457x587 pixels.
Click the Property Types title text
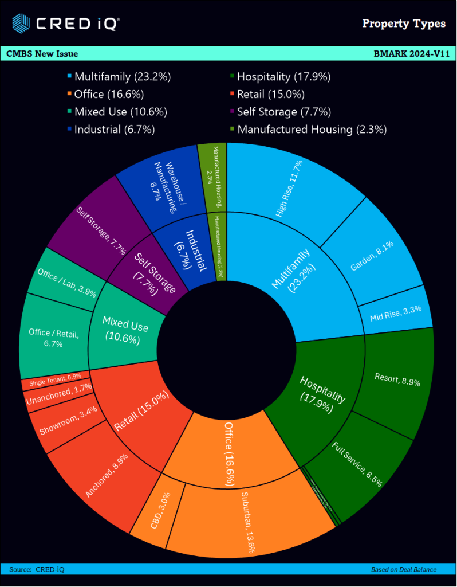coord(404,24)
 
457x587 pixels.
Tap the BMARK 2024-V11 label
coord(411,54)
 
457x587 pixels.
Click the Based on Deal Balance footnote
coord(403,569)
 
